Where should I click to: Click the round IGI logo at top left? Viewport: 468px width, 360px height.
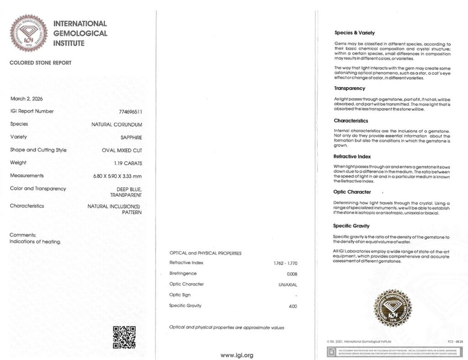(29, 33)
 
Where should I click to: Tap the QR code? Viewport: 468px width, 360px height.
(124, 337)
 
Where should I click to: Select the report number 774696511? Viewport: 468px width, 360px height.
(131, 111)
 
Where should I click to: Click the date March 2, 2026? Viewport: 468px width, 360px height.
(24, 99)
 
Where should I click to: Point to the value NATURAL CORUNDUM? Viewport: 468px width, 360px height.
(117, 124)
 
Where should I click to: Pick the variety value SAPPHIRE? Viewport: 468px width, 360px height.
(130, 137)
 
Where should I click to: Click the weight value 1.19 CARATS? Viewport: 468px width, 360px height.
(128, 163)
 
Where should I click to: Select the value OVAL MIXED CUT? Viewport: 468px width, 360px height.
(122, 150)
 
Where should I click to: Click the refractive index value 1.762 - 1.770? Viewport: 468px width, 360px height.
(285, 264)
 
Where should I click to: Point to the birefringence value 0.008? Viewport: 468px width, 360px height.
(292, 274)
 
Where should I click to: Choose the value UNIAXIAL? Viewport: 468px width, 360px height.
(287, 285)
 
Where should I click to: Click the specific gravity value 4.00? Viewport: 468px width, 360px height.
(292, 306)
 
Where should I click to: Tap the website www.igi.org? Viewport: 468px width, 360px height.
(237, 355)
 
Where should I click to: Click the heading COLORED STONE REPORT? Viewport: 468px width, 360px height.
(41, 63)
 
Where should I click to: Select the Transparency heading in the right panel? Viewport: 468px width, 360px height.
(350, 88)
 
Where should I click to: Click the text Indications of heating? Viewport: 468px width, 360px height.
(35, 242)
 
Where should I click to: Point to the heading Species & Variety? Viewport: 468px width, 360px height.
(355, 33)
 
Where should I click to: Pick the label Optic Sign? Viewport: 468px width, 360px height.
(180, 295)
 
